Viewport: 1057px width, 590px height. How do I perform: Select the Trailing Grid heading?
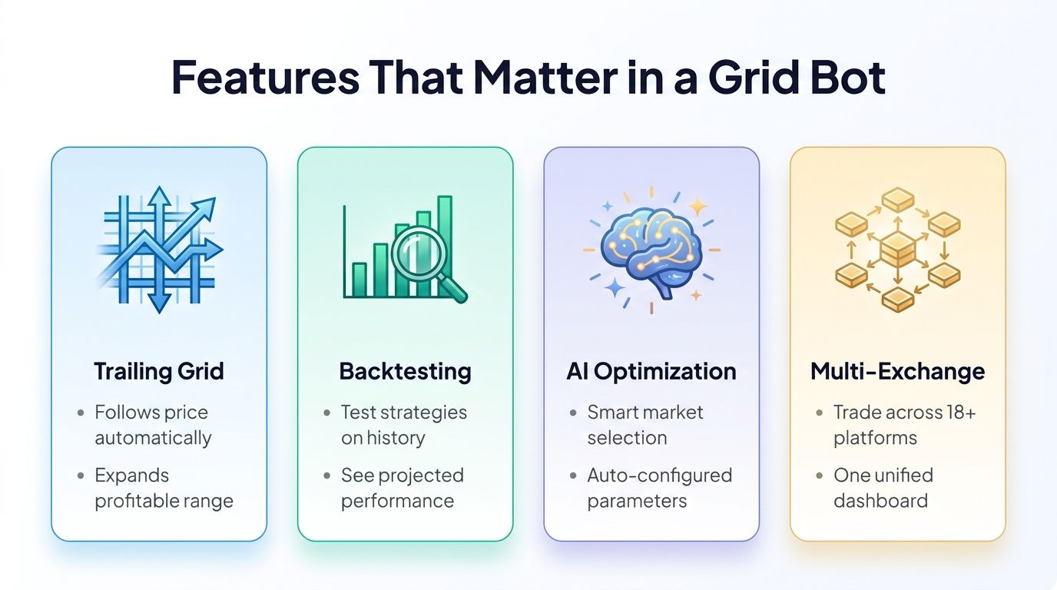click(159, 372)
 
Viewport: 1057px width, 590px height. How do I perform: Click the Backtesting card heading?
click(405, 372)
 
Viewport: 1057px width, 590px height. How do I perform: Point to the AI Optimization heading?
click(651, 372)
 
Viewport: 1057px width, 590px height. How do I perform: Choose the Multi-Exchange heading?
click(897, 372)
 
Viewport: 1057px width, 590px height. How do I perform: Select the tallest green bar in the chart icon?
click(444, 246)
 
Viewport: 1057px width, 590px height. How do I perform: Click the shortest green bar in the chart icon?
click(359, 280)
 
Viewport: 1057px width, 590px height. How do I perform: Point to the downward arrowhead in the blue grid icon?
click(159, 303)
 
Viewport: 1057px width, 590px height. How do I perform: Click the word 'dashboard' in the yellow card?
click(880, 501)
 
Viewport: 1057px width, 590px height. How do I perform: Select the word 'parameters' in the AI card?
click(637, 501)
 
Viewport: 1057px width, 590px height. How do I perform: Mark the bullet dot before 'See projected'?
click(328, 476)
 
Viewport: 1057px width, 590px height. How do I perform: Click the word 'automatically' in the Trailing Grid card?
click(153, 438)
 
